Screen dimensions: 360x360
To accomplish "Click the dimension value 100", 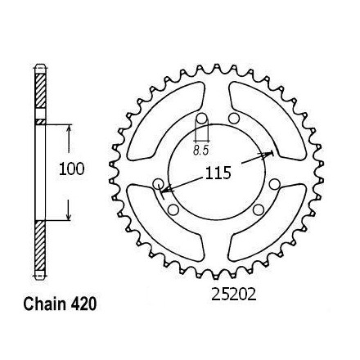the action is [x=72, y=169].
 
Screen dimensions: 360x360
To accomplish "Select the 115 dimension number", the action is [x=218, y=173].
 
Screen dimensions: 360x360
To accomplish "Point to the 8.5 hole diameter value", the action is [x=200, y=151].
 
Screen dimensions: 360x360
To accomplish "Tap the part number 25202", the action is [x=234, y=295].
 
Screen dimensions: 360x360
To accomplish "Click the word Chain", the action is [x=44, y=304].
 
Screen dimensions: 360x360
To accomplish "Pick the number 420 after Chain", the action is [x=83, y=304].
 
